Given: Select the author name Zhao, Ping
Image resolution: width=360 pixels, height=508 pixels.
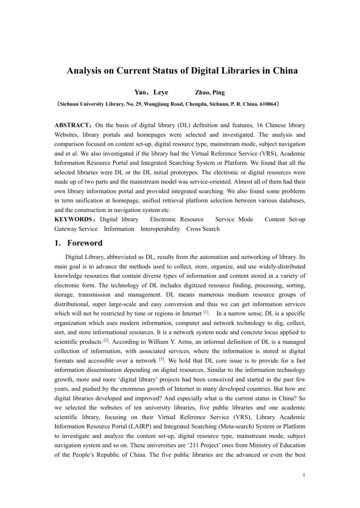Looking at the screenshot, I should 210,93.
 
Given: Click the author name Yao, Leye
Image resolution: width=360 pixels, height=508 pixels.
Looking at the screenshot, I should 151,93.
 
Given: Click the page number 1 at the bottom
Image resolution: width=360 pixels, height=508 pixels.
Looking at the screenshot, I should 303,475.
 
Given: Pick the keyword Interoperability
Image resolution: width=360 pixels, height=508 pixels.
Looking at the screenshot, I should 160,229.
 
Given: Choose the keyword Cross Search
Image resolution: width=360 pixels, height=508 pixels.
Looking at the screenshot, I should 203,229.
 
